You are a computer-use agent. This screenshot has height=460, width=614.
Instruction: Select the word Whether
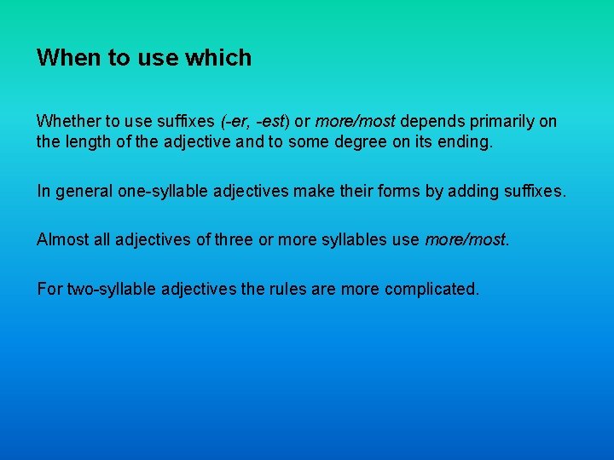[68, 121]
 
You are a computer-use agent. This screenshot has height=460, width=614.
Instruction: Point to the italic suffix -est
[271, 121]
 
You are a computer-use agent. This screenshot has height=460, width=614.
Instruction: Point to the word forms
[402, 192]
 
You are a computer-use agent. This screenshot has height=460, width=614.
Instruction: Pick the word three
[234, 240]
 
